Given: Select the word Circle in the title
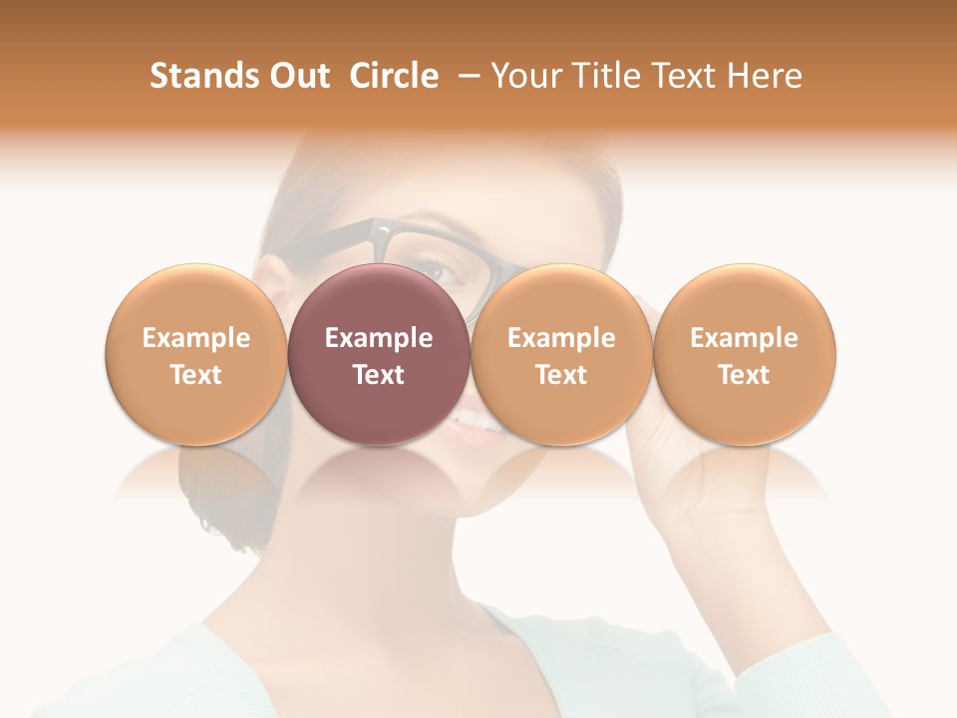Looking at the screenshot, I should [x=394, y=76].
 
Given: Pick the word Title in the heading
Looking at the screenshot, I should [x=600, y=76].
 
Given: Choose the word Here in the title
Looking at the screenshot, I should [x=763, y=76].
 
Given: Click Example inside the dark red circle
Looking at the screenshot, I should [x=379, y=338].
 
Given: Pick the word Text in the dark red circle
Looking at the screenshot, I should [x=379, y=375].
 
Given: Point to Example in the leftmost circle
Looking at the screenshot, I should [x=196, y=338].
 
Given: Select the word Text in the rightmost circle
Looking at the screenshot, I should [x=745, y=375].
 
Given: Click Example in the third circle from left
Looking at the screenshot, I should [x=561, y=338].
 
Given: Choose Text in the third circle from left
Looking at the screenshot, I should [x=561, y=375].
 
